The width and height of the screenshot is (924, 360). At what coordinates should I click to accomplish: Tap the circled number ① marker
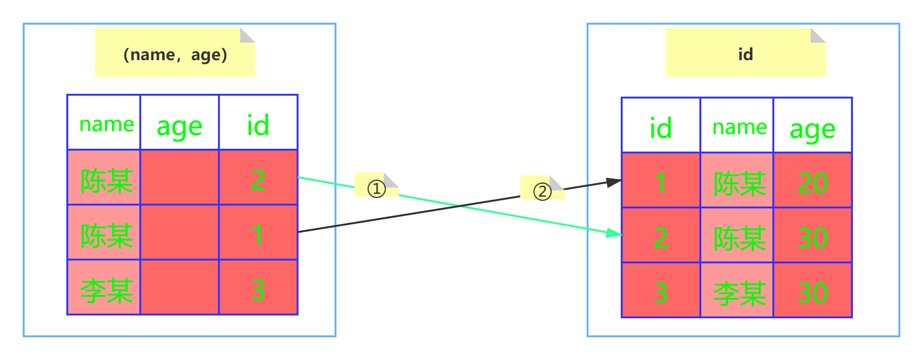[377, 189]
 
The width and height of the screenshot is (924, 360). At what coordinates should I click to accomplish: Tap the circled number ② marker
[542, 191]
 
